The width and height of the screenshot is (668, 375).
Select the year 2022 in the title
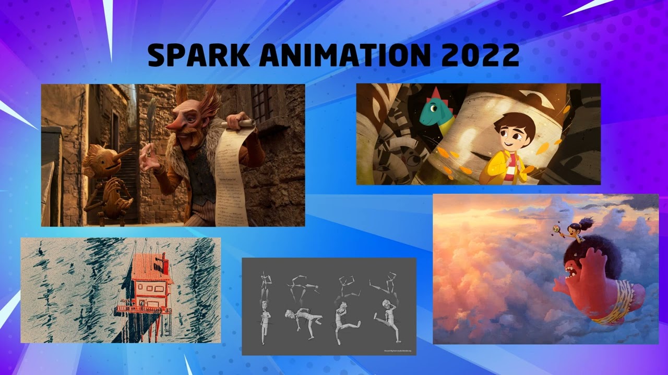480,55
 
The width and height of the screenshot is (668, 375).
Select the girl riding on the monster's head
574,232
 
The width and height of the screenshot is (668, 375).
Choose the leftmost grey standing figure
264,321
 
